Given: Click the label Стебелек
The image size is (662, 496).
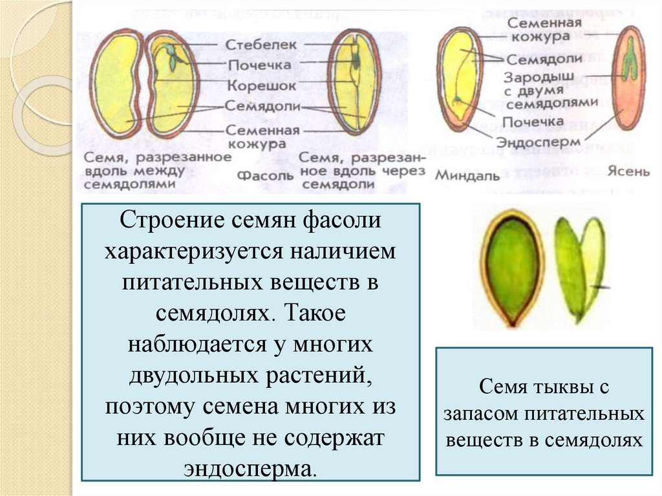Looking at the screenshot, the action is tap(261, 45).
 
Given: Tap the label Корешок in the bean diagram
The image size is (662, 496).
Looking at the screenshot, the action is tap(261, 86).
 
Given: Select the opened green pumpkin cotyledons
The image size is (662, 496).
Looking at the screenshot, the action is tap(580, 266).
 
